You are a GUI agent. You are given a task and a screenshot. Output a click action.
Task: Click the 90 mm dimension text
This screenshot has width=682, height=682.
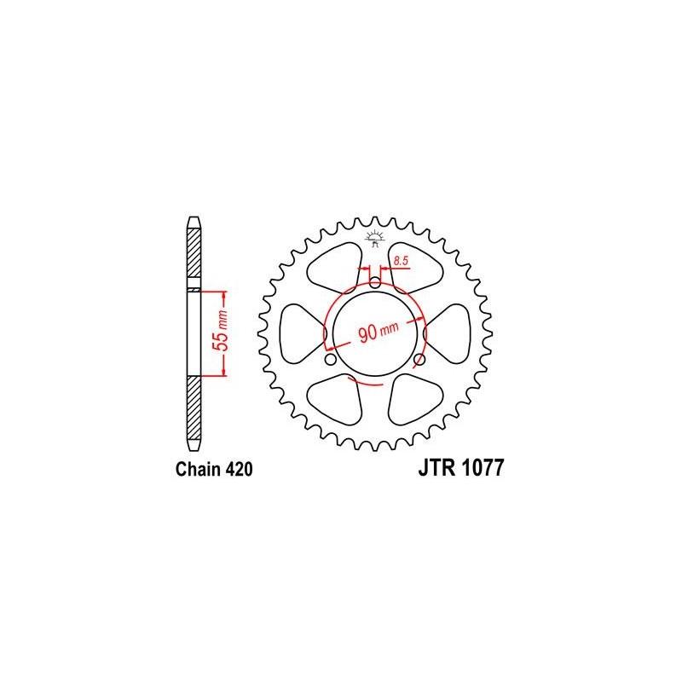click(378, 332)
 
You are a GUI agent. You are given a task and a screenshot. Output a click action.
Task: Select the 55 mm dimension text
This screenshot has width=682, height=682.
click(222, 330)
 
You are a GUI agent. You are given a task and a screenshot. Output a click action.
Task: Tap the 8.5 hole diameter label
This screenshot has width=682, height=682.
click(401, 261)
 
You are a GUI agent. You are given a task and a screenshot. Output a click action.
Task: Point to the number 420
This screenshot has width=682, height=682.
click(240, 470)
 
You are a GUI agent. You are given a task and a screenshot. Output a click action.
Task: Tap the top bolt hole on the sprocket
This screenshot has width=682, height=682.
click(375, 284)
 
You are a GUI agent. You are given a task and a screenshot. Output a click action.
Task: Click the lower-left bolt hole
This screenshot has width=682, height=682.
click(331, 360)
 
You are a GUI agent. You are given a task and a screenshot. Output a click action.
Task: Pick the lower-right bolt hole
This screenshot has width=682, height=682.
click(419, 360)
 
